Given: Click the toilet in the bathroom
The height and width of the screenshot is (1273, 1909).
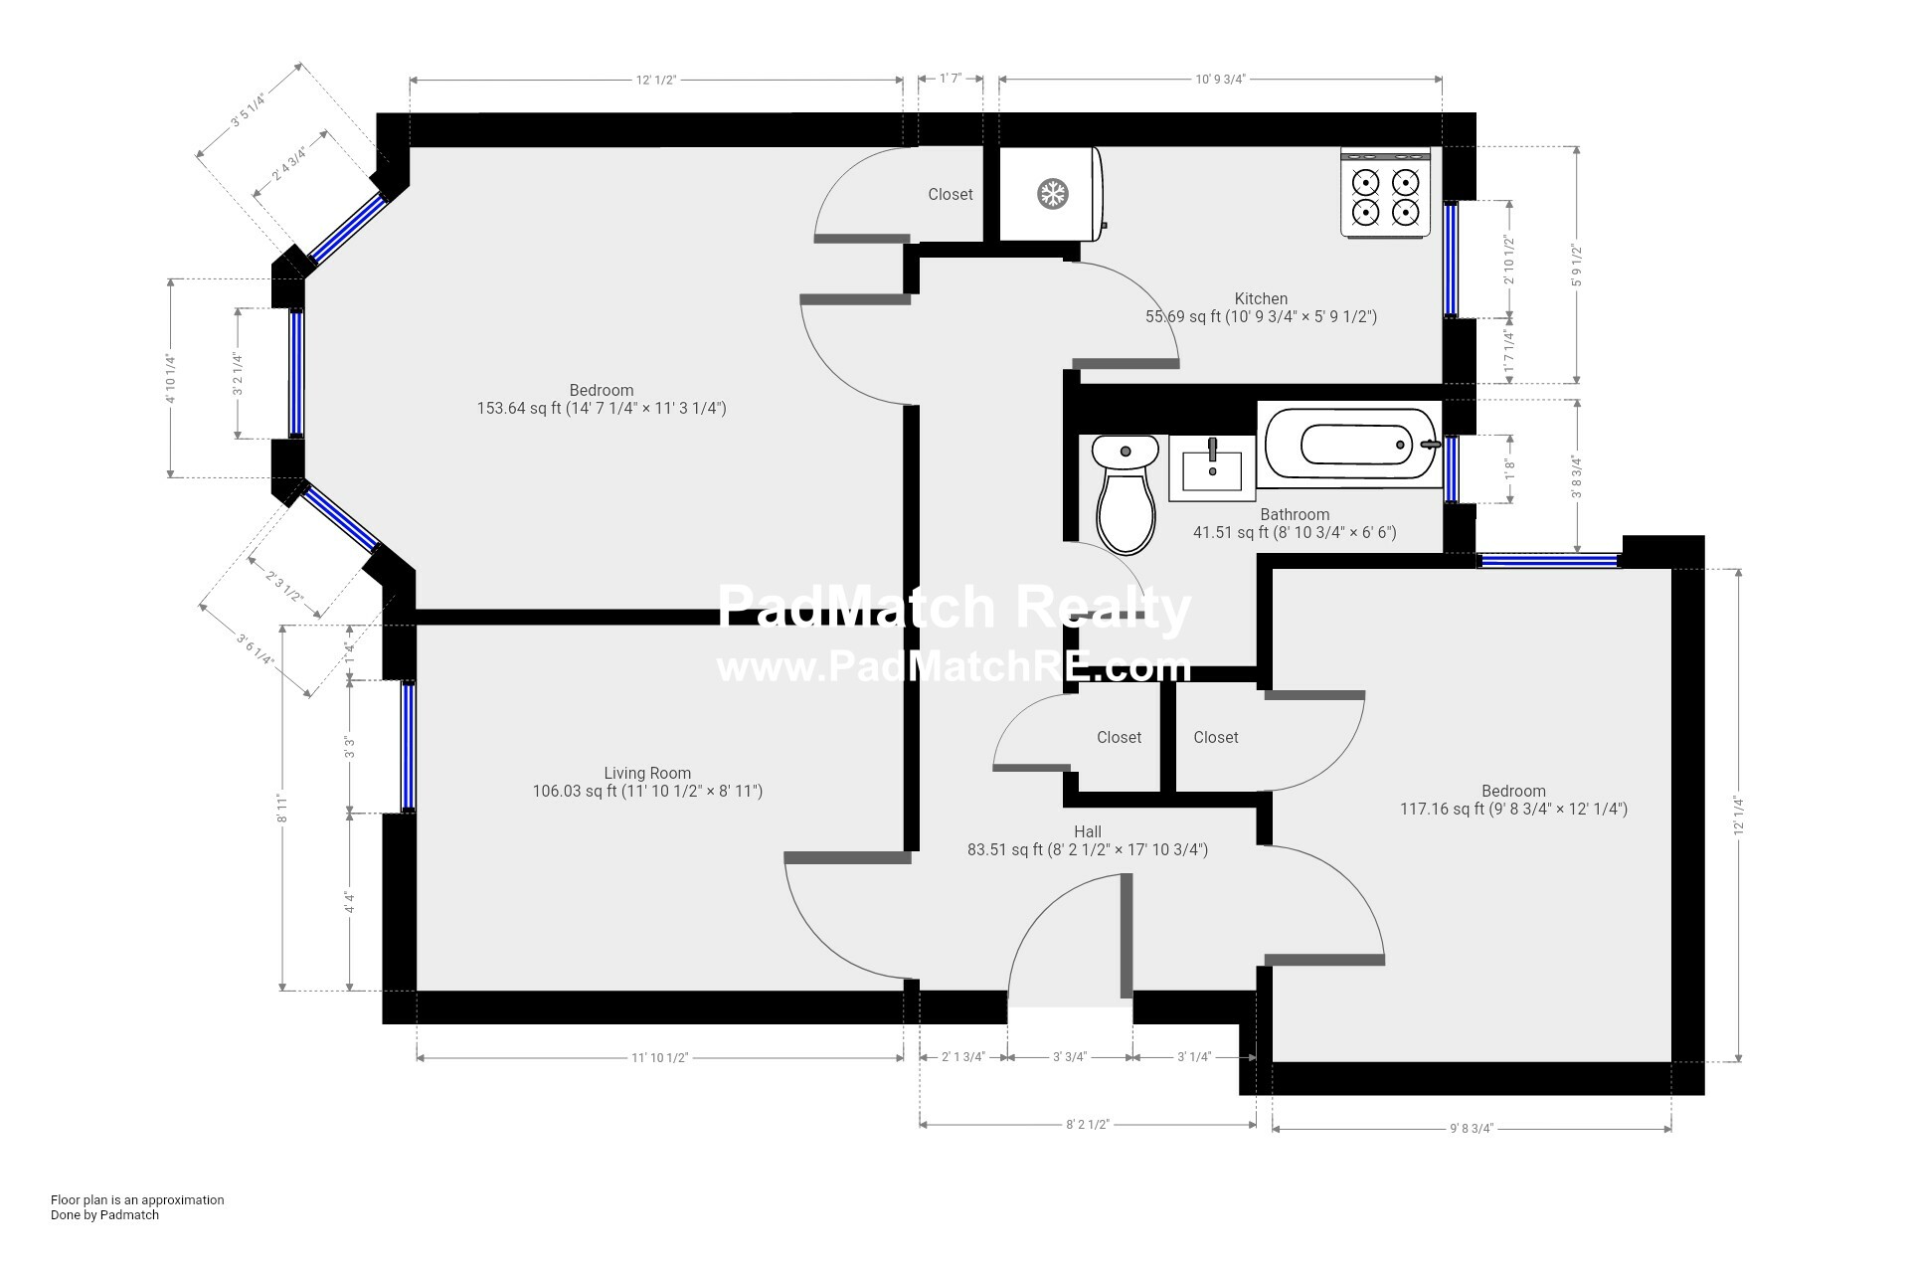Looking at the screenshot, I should point(1126,497).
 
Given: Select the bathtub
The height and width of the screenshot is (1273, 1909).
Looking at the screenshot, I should point(1349,445).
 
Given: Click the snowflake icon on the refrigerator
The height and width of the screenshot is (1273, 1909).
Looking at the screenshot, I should point(1052,194).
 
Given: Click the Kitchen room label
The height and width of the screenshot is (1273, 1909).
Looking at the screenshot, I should point(1261,298).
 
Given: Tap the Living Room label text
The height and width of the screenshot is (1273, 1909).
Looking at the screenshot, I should point(647,773).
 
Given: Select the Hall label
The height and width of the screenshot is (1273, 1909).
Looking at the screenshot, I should point(1088,831).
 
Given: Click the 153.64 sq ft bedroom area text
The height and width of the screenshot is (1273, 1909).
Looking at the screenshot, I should point(602,408).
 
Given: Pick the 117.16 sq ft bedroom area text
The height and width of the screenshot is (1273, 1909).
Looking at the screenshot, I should point(1513,810).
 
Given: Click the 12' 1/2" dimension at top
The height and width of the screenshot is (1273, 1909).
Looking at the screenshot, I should point(656,80).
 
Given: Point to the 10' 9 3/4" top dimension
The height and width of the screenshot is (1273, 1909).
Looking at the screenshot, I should point(1220,80).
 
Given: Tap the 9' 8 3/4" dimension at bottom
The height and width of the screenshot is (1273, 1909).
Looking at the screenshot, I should point(1472,1128).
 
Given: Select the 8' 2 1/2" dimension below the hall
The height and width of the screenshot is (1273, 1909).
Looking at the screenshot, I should point(1088,1124).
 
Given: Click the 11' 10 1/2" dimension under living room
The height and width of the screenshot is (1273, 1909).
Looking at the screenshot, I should point(660,1057).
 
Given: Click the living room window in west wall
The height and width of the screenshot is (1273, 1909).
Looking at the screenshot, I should point(408,746).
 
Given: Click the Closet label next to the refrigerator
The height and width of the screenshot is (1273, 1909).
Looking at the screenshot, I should point(951,194).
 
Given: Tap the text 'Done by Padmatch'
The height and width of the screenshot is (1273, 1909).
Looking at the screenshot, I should point(104,1214).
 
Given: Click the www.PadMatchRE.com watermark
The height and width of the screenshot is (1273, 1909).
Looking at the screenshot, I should point(953,666).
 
